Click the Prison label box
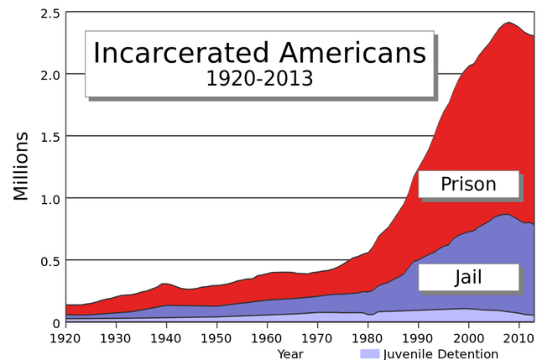pos(468,184)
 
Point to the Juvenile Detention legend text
pos(441,353)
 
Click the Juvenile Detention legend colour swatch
pos(370,353)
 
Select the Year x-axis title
pos(291,353)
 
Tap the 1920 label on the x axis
pos(66,337)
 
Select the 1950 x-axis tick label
pos(217,337)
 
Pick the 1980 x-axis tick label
pos(368,337)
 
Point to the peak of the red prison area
pos(509,23)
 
